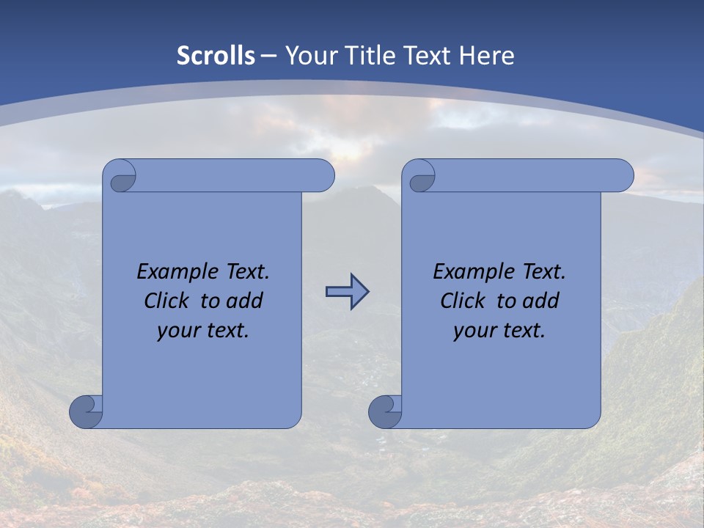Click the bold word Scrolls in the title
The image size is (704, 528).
coord(216,56)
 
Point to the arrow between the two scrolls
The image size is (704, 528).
coord(347,292)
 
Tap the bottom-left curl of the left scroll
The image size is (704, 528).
coord(86,411)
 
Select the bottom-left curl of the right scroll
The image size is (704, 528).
coord(384,411)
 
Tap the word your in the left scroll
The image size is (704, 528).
coord(177,331)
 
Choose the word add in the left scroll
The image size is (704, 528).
coord(246,301)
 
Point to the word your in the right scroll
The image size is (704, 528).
coord(474,331)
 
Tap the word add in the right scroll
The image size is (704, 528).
coord(543,301)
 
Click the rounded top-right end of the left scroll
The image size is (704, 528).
coord(323,176)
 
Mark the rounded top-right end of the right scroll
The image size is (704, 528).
coord(622,176)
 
